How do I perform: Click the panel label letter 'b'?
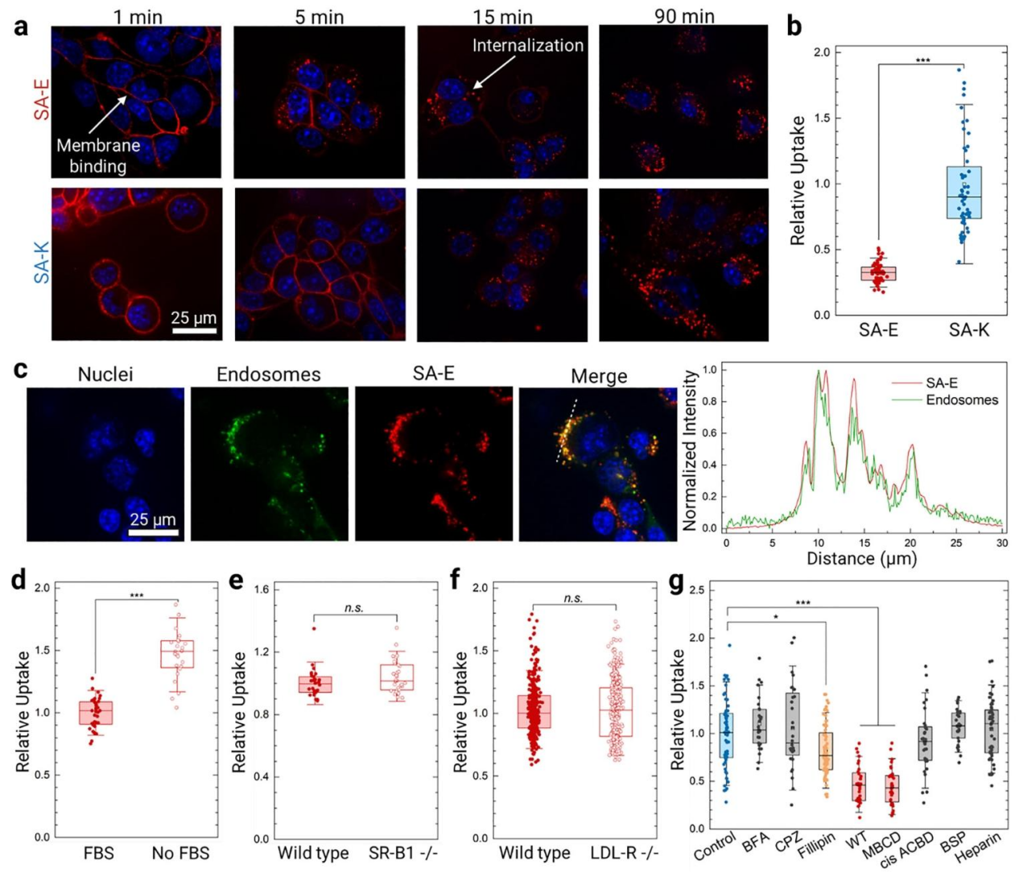794,27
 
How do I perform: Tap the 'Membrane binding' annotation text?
97,156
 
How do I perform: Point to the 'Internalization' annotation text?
527,46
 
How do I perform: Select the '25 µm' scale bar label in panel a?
194,317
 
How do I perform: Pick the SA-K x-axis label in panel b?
968,330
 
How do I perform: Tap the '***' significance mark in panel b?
922,61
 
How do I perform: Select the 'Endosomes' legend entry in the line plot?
961,400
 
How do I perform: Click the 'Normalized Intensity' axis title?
690,449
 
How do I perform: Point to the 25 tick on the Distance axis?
956,544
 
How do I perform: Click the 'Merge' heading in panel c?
598,376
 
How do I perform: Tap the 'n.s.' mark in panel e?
353,608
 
